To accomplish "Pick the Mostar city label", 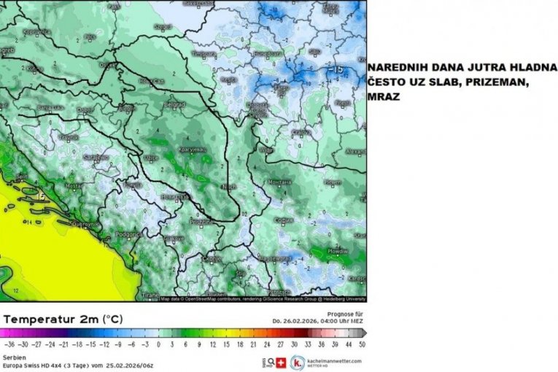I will (x=72, y=185).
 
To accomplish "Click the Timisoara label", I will (x=203, y=53).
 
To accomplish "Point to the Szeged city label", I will (x=163, y=27).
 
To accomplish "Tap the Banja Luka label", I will (x=50, y=107).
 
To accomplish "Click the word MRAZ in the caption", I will (x=384, y=96).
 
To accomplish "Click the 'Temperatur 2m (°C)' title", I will (x=63, y=319).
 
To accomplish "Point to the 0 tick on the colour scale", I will (x=158, y=343).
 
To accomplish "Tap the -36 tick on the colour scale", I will (x=9, y=343).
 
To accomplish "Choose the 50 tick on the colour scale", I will (x=362, y=343).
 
